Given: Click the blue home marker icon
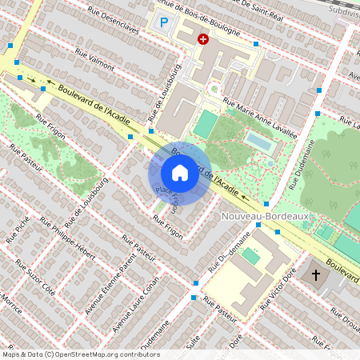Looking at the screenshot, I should pyautogui.click(x=179, y=172).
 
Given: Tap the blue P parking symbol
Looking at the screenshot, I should pyautogui.click(x=164, y=24).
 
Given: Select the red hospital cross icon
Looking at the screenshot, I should pyautogui.click(x=203, y=38).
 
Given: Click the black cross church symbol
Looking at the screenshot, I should pyautogui.click(x=316, y=276).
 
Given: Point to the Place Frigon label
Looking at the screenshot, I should pyautogui.click(x=166, y=198).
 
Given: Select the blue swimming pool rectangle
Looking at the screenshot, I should pyautogui.click(x=258, y=142).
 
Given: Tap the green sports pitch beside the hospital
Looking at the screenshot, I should pyautogui.click(x=205, y=124).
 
